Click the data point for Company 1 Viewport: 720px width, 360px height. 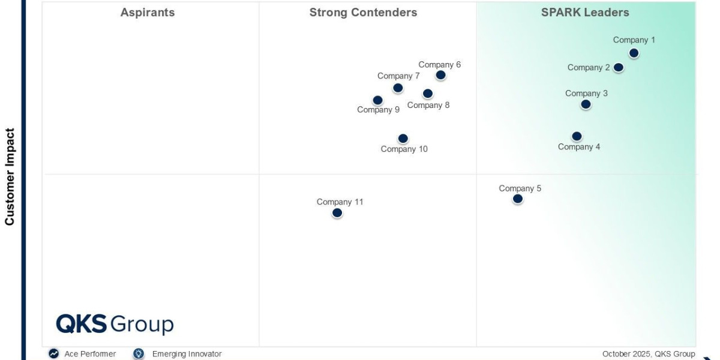coord(634,53)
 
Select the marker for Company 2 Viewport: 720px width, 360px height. coord(619,67)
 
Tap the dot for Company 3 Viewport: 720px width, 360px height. coord(586,104)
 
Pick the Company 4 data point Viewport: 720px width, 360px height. coord(577,136)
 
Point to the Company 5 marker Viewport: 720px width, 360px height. coord(518,199)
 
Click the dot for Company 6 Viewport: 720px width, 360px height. coord(440,75)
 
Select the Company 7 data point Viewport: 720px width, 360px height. coord(398,88)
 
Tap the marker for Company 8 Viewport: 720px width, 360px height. coord(427,94)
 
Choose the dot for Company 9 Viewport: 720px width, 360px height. coord(377,100)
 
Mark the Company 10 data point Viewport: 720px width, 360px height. coord(403,139)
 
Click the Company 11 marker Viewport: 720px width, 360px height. coord(337,212)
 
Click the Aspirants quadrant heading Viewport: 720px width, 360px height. coord(148,13)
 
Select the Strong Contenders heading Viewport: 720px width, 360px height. coord(363,13)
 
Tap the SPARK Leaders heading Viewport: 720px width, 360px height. coord(585,13)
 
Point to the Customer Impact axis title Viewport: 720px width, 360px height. coord(10,176)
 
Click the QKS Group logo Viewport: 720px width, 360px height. coord(115,324)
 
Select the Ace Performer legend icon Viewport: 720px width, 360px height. coord(54,354)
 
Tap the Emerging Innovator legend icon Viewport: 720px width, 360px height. coord(139,354)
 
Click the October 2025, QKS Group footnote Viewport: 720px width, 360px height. coord(649,354)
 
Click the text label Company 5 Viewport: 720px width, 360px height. coord(520,188)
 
